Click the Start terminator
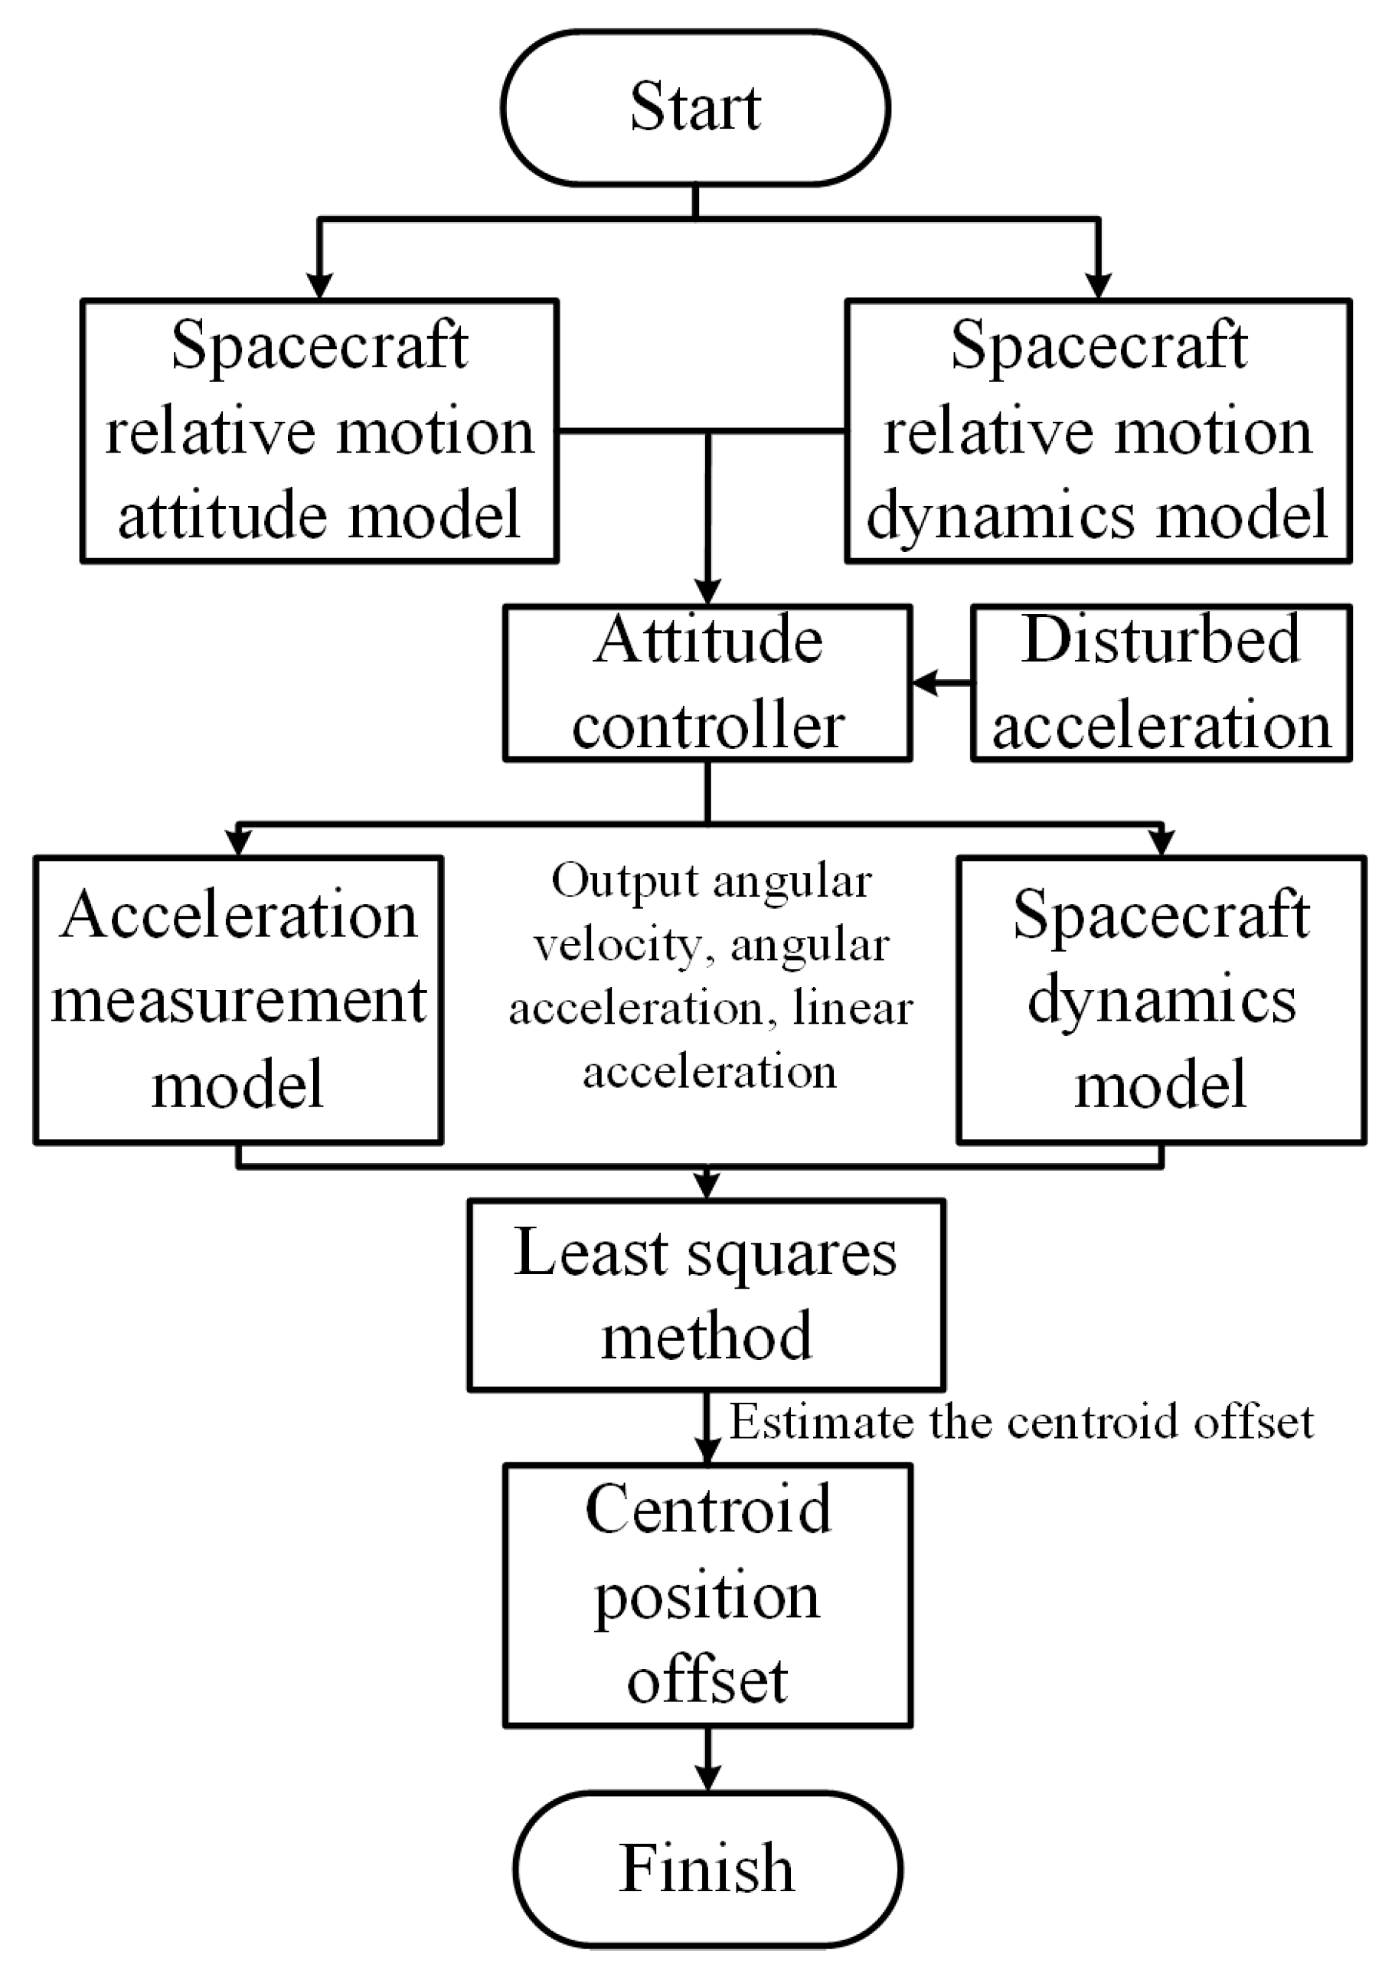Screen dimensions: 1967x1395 coord(695,107)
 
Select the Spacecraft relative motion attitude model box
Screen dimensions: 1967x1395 coord(319,431)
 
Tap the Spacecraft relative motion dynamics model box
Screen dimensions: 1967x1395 coord(1098,431)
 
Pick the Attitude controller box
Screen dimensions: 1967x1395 coord(707,684)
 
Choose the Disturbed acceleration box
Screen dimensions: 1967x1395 coord(1161,684)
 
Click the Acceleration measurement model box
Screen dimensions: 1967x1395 coord(238,1000)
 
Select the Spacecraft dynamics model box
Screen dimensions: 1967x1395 coord(1161,1000)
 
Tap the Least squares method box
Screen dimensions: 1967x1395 coord(706,1295)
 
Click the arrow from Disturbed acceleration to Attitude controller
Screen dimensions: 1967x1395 coord(942,684)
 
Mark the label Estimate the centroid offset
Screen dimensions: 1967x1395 coord(1021,1422)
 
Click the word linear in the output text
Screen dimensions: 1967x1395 coord(853,1009)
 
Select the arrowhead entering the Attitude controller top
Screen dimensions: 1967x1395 coord(707,592)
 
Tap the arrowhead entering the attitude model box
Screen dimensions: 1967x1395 coord(319,286)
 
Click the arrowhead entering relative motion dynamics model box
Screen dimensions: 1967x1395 coord(1099,286)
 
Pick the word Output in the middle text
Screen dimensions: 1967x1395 coord(625,881)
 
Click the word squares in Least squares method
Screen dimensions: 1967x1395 coord(792,1254)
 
